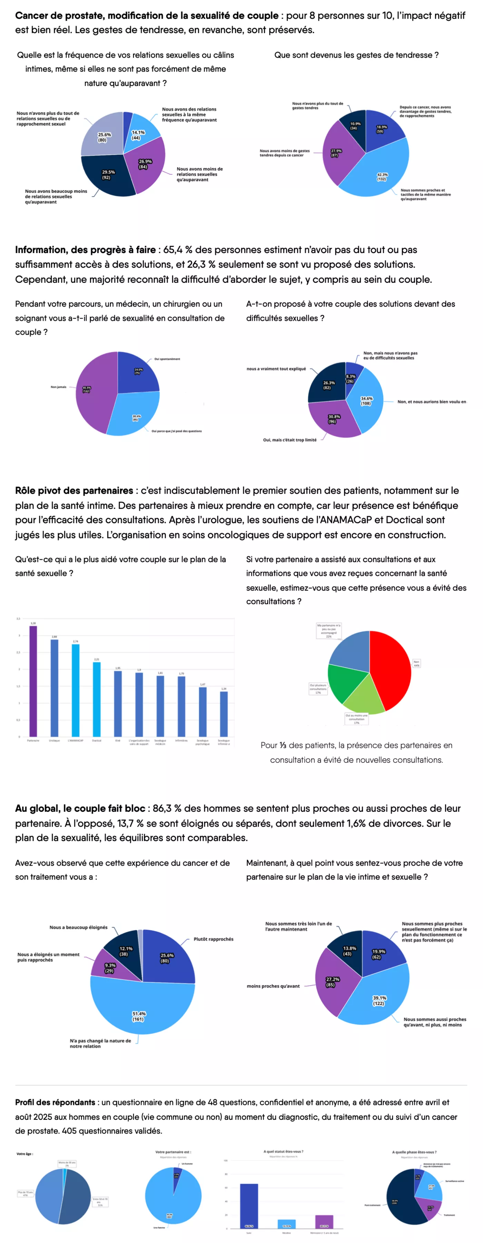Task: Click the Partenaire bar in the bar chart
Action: (x=33, y=680)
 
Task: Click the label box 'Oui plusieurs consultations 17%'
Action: (x=318, y=688)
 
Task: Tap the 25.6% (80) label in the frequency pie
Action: (x=104, y=137)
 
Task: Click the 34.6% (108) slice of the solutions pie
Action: (x=366, y=401)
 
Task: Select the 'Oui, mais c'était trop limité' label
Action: (x=290, y=440)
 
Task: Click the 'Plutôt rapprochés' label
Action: (x=213, y=939)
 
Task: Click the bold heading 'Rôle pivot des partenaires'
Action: (x=74, y=490)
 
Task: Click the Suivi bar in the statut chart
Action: (x=249, y=1205)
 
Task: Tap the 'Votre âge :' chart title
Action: (x=24, y=1154)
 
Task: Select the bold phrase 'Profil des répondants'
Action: (x=55, y=1102)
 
